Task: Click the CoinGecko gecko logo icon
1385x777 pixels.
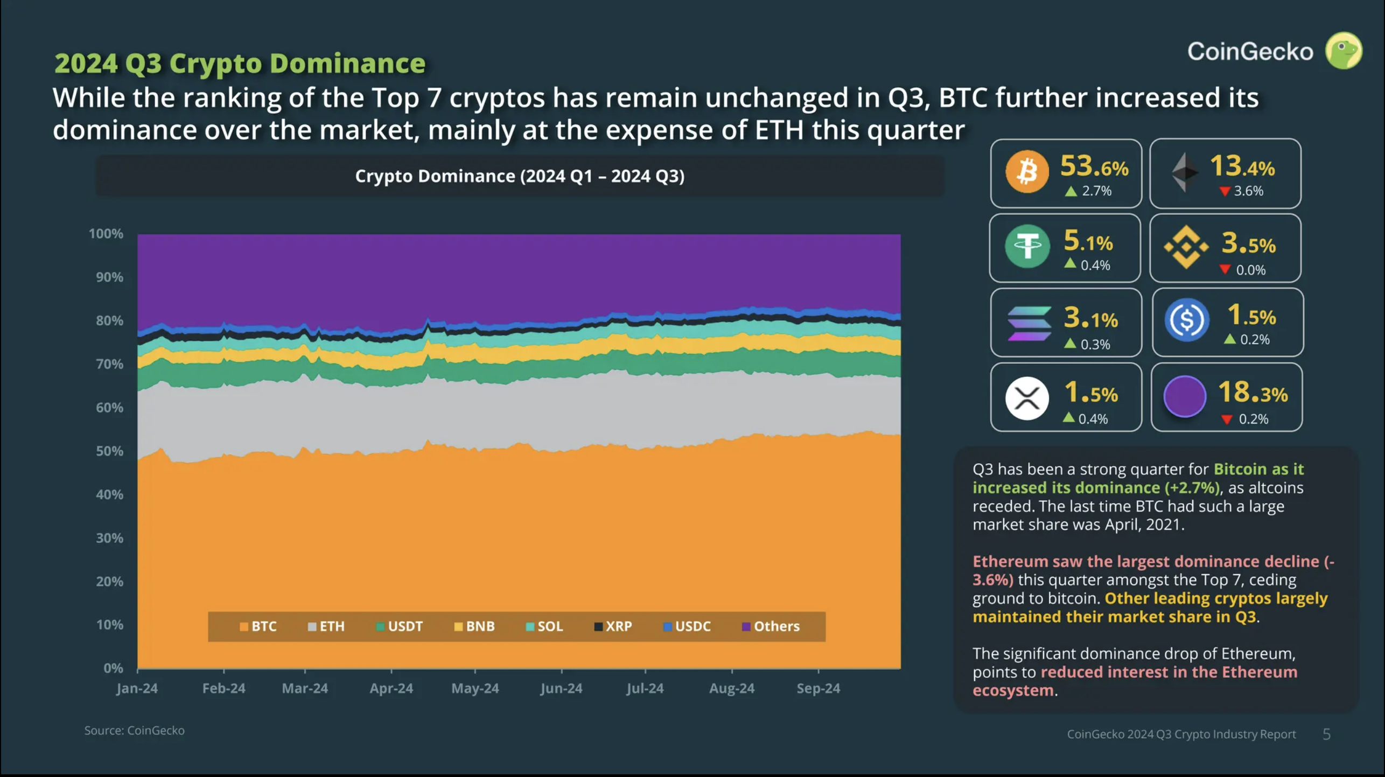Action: tap(1344, 51)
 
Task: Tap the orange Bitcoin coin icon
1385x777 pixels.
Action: tap(1027, 172)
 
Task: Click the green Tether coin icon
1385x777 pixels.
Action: tap(1027, 247)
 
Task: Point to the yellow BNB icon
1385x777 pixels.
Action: tap(1186, 247)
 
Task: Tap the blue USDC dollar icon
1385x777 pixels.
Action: tap(1186, 320)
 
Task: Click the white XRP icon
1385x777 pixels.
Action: tap(1027, 398)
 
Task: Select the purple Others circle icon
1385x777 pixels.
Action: tap(1184, 397)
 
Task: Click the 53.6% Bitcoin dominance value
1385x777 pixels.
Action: tap(1094, 166)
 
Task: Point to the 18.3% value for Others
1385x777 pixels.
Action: tap(1252, 392)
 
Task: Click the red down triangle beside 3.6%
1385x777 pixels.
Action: tap(1225, 191)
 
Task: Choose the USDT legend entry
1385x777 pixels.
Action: tap(399, 626)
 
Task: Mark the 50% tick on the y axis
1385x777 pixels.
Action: tap(109, 451)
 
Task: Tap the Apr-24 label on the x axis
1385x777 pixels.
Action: tap(391, 688)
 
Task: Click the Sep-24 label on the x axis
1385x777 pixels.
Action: tap(818, 688)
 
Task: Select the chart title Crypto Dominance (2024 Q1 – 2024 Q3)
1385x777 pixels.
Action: tap(520, 176)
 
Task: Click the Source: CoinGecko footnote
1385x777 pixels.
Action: tap(135, 731)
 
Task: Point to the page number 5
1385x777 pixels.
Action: tap(1326, 734)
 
